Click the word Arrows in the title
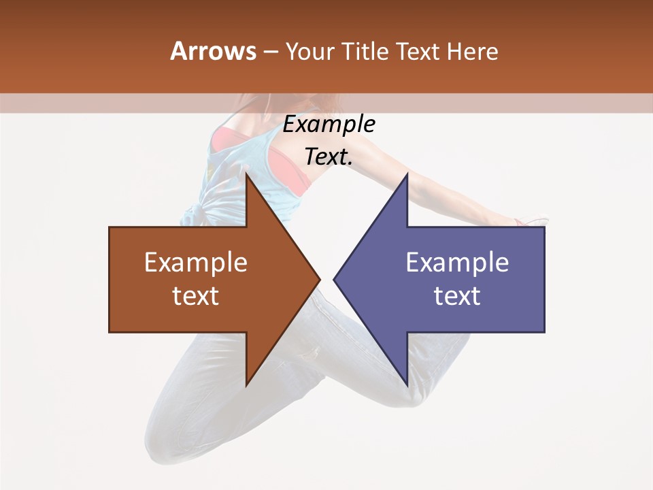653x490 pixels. (x=213, y=51)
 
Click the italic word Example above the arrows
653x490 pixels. (x=329, y=125)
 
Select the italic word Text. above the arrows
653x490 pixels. (x=329, y=157)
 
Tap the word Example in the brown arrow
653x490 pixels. (x=196, y=263)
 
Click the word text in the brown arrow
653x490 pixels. (x=196, y=296)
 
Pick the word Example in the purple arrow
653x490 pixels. (x=457, y=263)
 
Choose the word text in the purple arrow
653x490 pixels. (x=457, y=296)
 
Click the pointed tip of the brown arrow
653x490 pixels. (x=319, y=279)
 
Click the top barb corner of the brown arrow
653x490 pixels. (x=246, y=174)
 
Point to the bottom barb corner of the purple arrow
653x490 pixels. (x=407, y=385)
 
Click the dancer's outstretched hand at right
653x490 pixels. (x=531, y=221)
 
